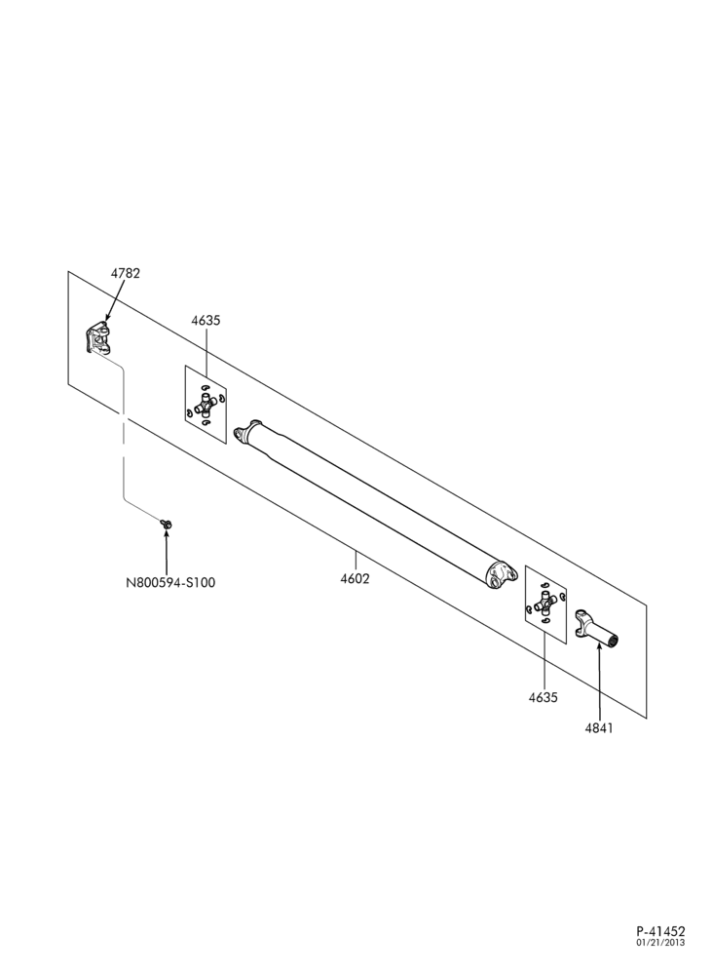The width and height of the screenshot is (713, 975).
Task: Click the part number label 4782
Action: [x=126, y=273]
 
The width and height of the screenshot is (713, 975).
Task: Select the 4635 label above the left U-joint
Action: [x=206, y=321]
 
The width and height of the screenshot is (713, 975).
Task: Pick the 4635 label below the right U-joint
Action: [x=544, y=697]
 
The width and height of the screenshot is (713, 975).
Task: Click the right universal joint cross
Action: [x=545, y=602]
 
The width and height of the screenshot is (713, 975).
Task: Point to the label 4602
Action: [x=355, y=579]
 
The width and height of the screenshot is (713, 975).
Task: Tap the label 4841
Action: [x=599, y=728]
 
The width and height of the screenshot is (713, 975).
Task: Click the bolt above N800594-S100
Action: [x=166, y=525]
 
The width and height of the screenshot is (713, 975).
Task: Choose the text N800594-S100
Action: [x=170, y=583]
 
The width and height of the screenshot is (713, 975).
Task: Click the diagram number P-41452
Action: [x=660, y=931]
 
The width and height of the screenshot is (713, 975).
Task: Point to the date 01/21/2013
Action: [x=660, y=943]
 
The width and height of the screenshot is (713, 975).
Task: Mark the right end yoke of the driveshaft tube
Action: [x=501, y=574]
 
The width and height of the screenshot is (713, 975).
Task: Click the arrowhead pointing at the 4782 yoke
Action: [x=107, y=317]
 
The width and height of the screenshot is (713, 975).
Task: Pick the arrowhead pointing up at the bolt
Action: [x=167, y=533]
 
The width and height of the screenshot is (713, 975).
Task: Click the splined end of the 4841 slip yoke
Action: [x=614, y=641]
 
